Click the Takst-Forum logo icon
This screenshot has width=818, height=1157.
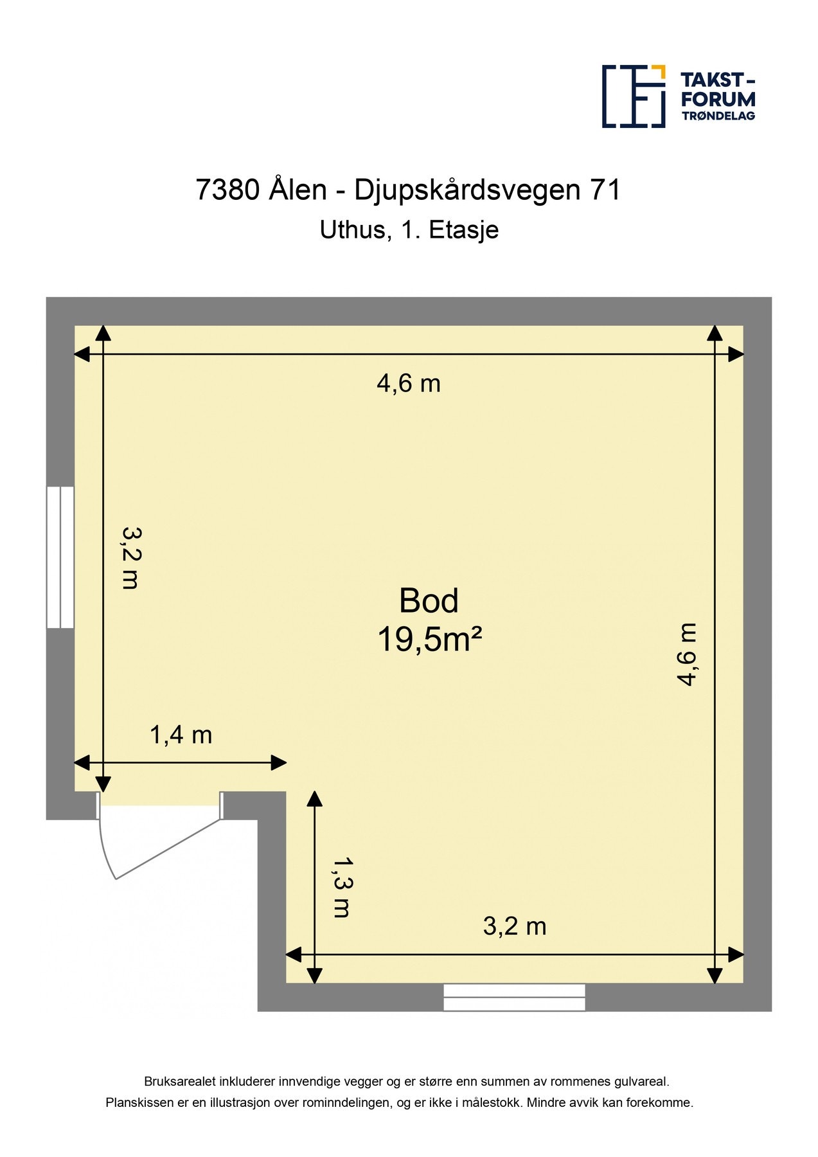(633, 96)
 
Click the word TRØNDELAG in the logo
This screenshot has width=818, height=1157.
(718, 116)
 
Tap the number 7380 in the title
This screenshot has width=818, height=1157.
(227, 190)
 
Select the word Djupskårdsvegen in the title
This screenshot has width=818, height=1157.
(467, 190)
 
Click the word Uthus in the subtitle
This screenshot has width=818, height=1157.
(353, 229)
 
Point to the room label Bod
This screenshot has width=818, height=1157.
(429, 601)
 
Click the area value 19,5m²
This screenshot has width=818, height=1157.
(429, 640)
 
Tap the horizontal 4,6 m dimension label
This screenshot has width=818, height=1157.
(409, 384)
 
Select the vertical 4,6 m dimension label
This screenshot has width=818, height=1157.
(687, 654)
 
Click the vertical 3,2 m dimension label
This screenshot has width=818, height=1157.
(131, 558)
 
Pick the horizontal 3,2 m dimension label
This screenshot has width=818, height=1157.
(514, 926)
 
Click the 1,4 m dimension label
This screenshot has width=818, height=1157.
(181, 735)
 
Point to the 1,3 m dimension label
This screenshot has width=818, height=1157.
(342, 887)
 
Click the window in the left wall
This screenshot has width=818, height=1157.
(60, 557)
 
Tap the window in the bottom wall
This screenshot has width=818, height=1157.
(514, 997)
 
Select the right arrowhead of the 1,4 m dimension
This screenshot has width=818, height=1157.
(279, 763)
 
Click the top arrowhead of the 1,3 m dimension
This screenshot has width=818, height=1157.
(314, 799)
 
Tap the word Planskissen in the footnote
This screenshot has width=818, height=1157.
(139, 1103)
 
